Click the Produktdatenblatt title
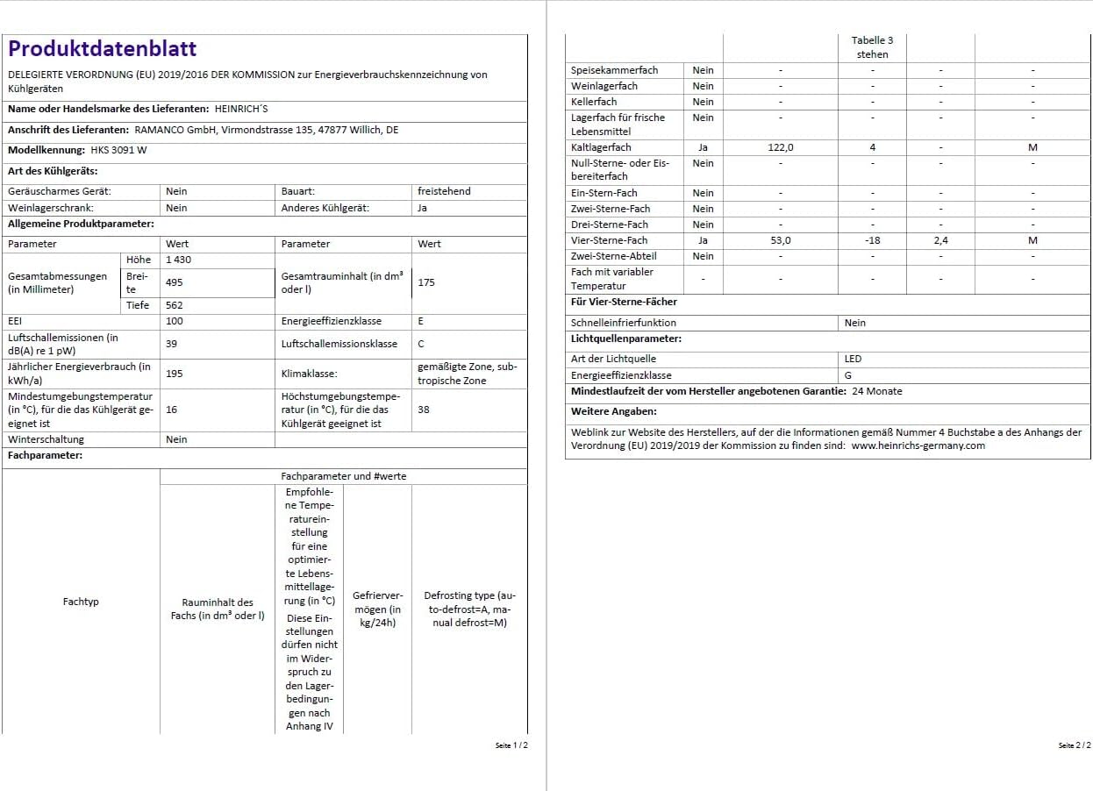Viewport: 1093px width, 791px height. pos(103,49)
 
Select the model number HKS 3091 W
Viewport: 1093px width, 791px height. pos(118,150)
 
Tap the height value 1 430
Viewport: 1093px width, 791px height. pos(178,260)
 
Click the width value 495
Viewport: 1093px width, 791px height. pos(174,282)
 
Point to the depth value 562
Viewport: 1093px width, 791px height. pos(174,305)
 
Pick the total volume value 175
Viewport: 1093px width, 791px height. pos(426,282)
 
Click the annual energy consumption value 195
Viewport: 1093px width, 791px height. pos(174,374)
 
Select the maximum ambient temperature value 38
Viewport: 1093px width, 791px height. pos(424,410)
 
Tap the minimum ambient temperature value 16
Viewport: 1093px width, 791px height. pos(171,410)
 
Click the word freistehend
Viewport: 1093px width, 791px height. pos(444,191)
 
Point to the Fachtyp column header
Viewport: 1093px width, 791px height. pos(81,602)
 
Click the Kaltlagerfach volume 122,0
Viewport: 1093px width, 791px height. pos(780,147)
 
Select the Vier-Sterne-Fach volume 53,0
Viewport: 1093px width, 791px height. pos(780,240)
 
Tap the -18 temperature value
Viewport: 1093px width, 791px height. pos(872,240)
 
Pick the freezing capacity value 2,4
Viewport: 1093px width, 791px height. pos(940,240)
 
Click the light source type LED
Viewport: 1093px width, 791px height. pos(853,359)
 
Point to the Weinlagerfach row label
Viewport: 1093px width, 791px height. pos(604,86)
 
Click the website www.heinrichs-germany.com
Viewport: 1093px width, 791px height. pos(918,445)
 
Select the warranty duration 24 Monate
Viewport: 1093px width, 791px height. pos(877,391)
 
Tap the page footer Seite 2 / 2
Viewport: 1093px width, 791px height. pos(1075,745)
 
